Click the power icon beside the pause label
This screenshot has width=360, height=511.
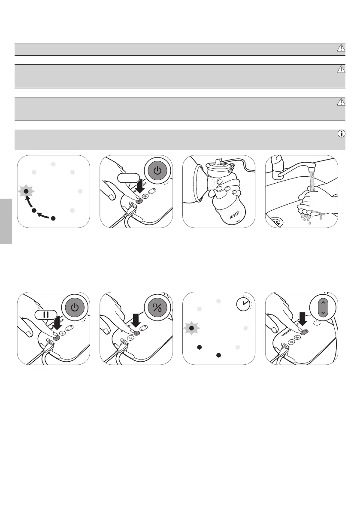[x=75, y=308]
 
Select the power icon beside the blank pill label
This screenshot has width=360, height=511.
[x=157, y=171]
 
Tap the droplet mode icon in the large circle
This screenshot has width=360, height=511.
[x=157, y=308]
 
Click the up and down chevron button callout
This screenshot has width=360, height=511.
[x=324, y=308]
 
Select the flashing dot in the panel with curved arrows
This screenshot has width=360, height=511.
[x=26, y=191]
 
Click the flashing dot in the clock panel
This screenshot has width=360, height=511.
[x=192, y=328]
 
